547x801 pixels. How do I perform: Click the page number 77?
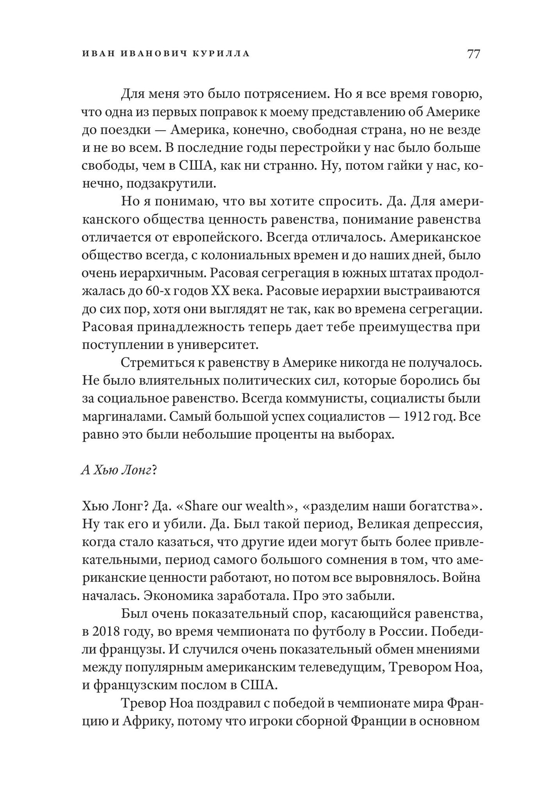(473, 54)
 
